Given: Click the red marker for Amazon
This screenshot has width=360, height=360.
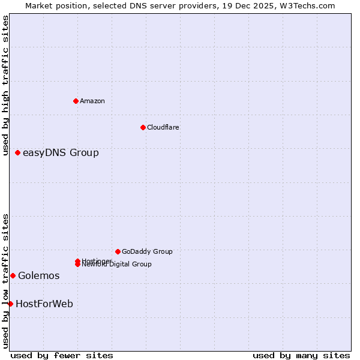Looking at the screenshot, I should (x=76, y=101).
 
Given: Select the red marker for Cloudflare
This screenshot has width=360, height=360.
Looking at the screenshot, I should (x=143, y=127).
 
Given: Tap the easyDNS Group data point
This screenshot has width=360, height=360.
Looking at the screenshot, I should (x=18, y=153).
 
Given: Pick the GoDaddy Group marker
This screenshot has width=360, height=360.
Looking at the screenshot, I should (x=118, y=251).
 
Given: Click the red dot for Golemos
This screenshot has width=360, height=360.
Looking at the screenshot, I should (x=13, y=275).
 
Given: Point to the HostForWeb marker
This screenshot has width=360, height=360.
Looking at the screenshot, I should (x=10, y=304).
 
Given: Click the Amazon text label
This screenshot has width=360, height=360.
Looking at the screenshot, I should (x=92, y=101).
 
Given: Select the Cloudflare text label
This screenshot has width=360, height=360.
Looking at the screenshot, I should (x=163, y=127).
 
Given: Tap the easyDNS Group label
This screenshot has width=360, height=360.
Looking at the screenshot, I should (x=61, y=153).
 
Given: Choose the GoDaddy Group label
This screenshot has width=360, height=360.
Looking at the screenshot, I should (x=147, y=251).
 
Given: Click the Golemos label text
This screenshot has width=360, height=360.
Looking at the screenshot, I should (x=39, y=276).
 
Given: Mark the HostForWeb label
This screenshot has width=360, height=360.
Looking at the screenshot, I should (x=44, y=304).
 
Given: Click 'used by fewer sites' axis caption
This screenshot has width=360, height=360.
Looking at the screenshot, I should (x=62, y=355).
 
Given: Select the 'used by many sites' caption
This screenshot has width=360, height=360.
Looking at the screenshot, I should (x=301, y=355).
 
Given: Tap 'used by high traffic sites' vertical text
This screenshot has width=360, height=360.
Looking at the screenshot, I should (x=5, y=85).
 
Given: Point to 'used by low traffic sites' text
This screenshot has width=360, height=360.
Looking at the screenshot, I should (x=5, y=281).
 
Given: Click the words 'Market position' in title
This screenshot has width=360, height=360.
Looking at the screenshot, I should (x=54, y=5).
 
